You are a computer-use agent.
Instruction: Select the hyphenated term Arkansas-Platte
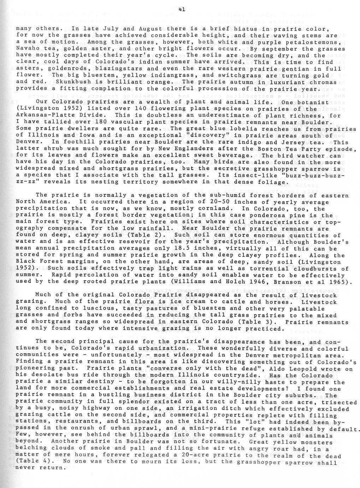pos(43,115)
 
